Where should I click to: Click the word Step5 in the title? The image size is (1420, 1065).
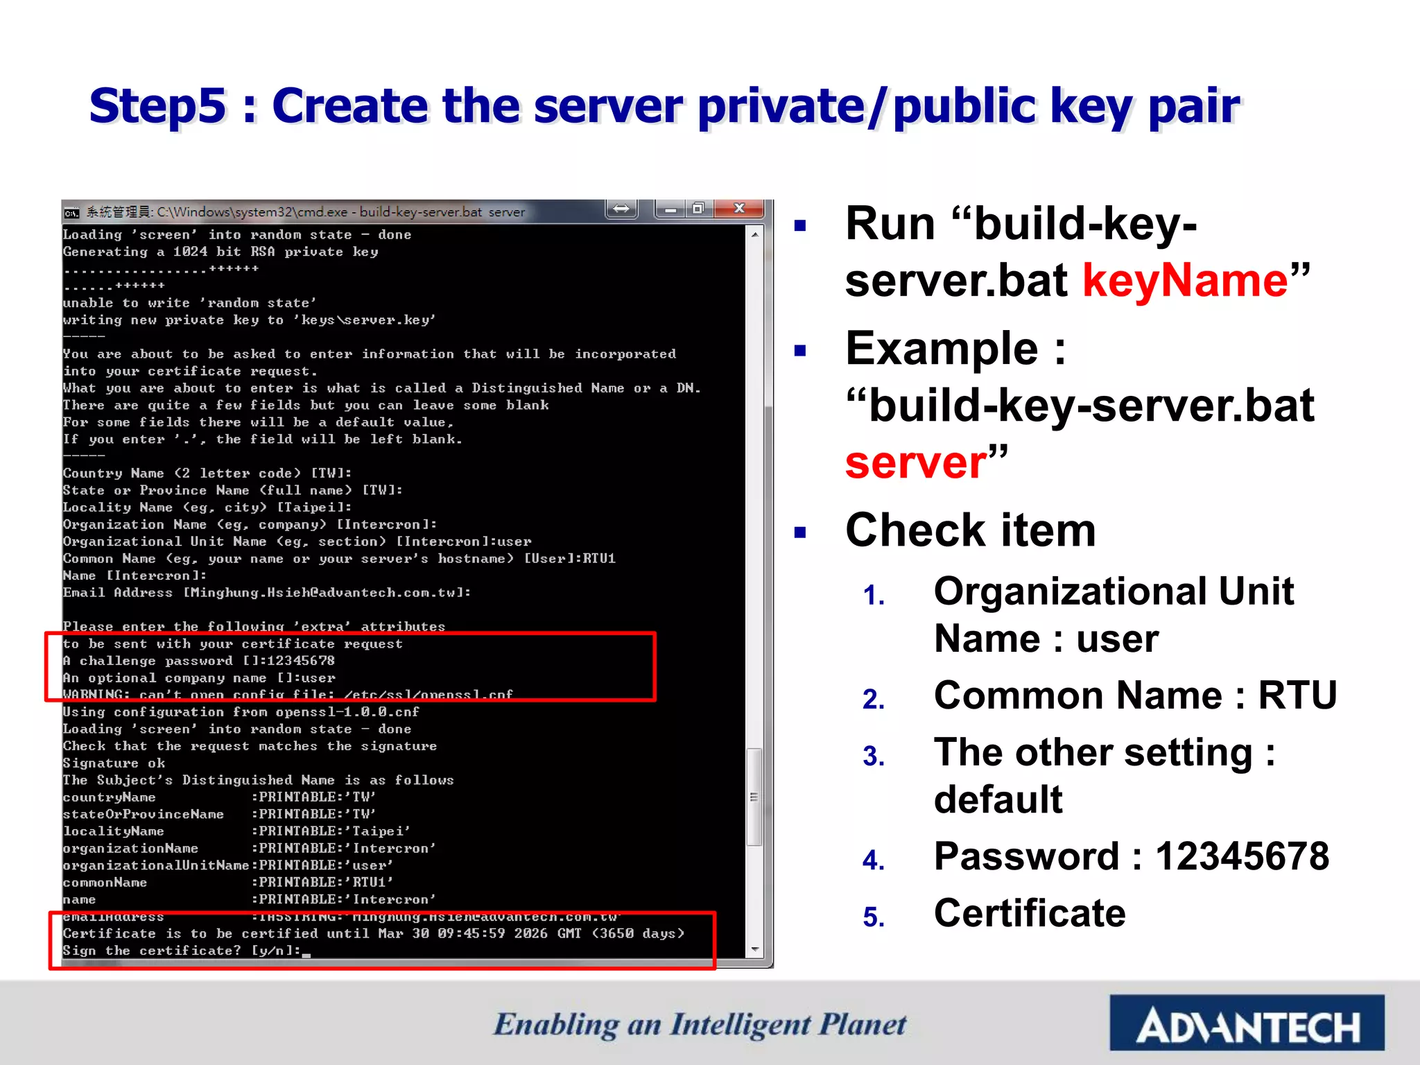click(x=158, y=107)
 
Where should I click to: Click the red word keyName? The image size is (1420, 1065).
click(x=1185, y=280)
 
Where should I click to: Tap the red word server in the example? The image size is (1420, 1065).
click(x=916, y=462)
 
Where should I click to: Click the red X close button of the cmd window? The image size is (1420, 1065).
click(x=739, y=209)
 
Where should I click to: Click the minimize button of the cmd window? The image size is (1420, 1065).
click(x=670, y=209)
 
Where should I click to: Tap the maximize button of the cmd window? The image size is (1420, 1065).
click(x=699, y=209)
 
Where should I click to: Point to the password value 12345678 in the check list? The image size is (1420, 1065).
click(x=1242, y=856)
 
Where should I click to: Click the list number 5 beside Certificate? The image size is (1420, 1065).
click(x=874, y=917)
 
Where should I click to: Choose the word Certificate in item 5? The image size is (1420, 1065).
click(x=1030, y=913)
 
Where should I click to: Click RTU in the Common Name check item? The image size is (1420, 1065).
click(x=1297, y=695)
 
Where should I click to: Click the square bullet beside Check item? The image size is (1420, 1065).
click(x=801, y=532)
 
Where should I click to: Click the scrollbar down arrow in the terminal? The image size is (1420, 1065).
click(x=755, y=949)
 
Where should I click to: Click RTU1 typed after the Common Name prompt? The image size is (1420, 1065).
click(x=598, y=559)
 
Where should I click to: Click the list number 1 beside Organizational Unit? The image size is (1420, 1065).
click(x=874, y=596)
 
